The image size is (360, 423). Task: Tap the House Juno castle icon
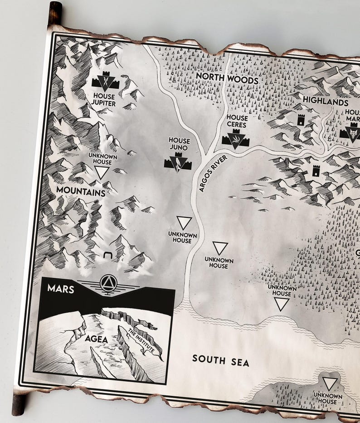point(175,162)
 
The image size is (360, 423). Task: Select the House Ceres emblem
point(235,138)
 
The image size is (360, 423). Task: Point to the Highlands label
point(326,101)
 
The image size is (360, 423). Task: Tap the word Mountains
point(81,192)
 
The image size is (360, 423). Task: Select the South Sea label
point(221,362)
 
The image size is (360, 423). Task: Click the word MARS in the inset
point(60,289)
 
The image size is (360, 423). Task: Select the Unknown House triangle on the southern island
point(330,384)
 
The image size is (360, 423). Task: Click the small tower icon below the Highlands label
point(300,119)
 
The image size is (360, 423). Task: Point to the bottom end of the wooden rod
point(19,404)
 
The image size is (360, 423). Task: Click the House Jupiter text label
point(104,100)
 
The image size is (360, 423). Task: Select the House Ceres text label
point(236,121)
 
